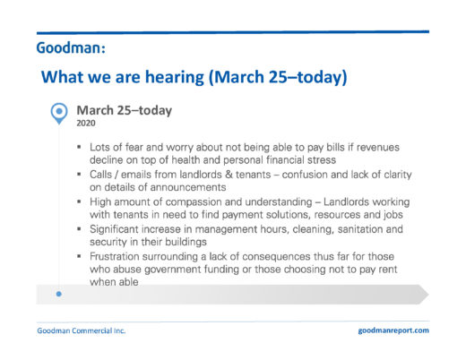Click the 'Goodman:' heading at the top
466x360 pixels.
tap(71, 47)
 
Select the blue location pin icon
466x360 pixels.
tap(59, 114)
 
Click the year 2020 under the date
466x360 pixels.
tap(86, 124)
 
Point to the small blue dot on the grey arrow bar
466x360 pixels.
tap(59, 294)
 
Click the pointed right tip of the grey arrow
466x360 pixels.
tap(428, 295)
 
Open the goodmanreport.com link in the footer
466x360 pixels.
tap(393, 330)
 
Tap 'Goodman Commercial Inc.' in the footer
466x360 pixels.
tap(82, 330)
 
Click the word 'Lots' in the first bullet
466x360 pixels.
tap(99, 147)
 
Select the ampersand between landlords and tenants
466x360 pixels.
tap(229, 175)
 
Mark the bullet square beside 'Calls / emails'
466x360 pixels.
tap(79, 174)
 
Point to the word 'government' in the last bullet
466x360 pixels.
tap(173, 270)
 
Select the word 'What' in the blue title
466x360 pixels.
tap(62, 77)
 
